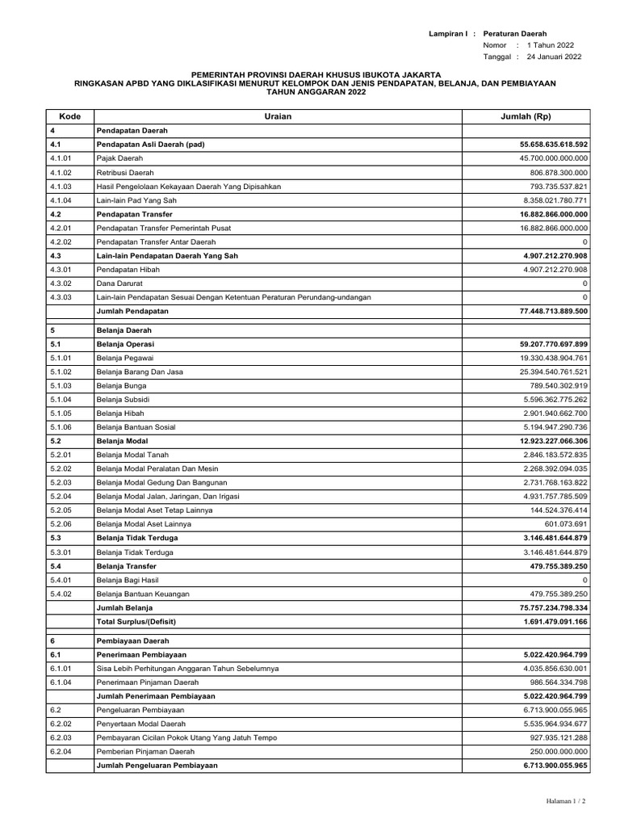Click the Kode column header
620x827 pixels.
point(70,116)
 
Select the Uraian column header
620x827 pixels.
point(277,116)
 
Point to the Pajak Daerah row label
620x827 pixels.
point(119,158)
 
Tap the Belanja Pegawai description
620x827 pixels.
point(125,358)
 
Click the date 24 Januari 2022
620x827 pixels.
point(554,57)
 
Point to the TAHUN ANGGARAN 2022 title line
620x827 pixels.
point(309,93)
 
